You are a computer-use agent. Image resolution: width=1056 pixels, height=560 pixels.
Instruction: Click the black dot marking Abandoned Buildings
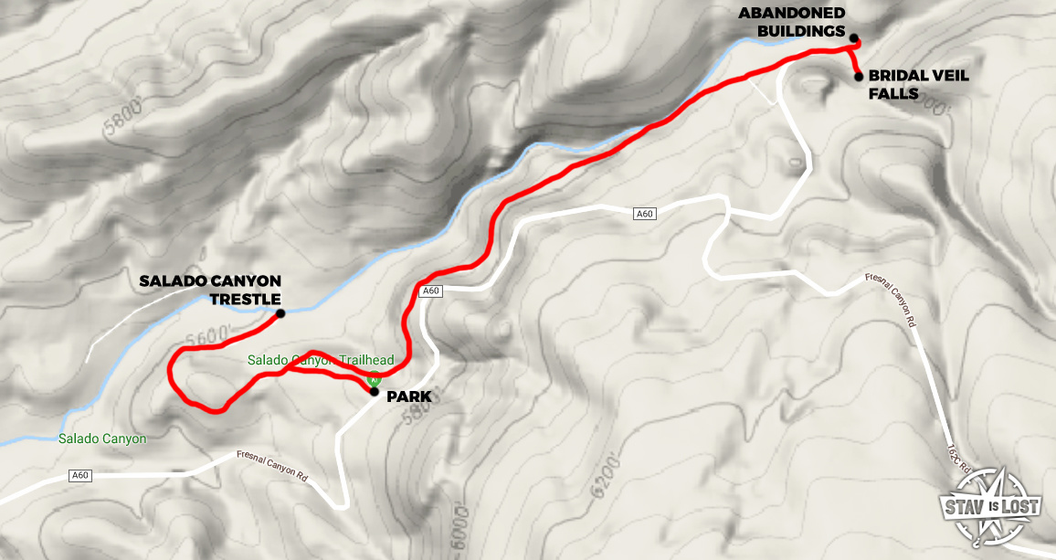click(853, 38)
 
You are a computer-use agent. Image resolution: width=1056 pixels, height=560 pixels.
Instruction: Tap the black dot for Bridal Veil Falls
click(859, 77)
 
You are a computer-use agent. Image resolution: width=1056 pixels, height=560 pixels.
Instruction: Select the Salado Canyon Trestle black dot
click(280, 313)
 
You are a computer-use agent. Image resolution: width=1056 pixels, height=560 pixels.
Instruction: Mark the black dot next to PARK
click(375, 391)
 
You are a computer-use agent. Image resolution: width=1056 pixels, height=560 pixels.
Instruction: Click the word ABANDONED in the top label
click(792, 13)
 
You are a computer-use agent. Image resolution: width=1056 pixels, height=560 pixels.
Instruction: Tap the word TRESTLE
click(245, 299)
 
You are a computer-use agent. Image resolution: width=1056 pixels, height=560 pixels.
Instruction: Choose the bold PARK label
click(408, 396)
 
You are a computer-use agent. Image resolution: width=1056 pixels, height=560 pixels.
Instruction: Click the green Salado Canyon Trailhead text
click(321, 361)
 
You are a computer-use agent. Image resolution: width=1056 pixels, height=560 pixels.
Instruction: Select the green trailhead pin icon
click(373, 377)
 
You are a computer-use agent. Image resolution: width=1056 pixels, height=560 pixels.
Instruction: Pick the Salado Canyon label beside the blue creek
click(102, 438)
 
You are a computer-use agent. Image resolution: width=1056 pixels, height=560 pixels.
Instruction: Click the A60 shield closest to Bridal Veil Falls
click(644, 214)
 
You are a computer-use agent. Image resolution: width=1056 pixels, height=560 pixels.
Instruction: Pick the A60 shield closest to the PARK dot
click(432, 291)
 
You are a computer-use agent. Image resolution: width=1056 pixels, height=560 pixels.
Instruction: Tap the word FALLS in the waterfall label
click(892, 92)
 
